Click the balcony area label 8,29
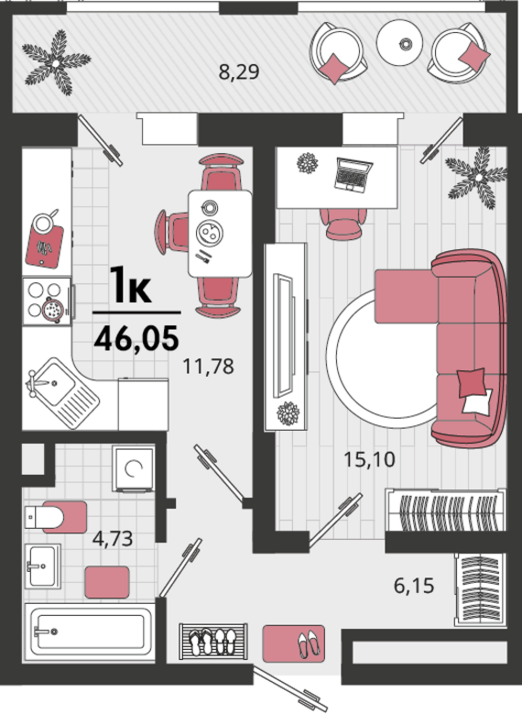238,72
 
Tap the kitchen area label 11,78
209,367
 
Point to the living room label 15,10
369,459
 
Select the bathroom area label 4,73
113,538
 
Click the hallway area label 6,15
414,586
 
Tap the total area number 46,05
136,339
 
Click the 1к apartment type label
132,286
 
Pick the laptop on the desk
353,173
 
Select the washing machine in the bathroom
134,469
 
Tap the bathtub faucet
46,632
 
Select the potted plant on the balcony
56,63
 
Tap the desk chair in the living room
343,223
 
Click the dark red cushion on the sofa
471,383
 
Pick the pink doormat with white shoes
294,643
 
